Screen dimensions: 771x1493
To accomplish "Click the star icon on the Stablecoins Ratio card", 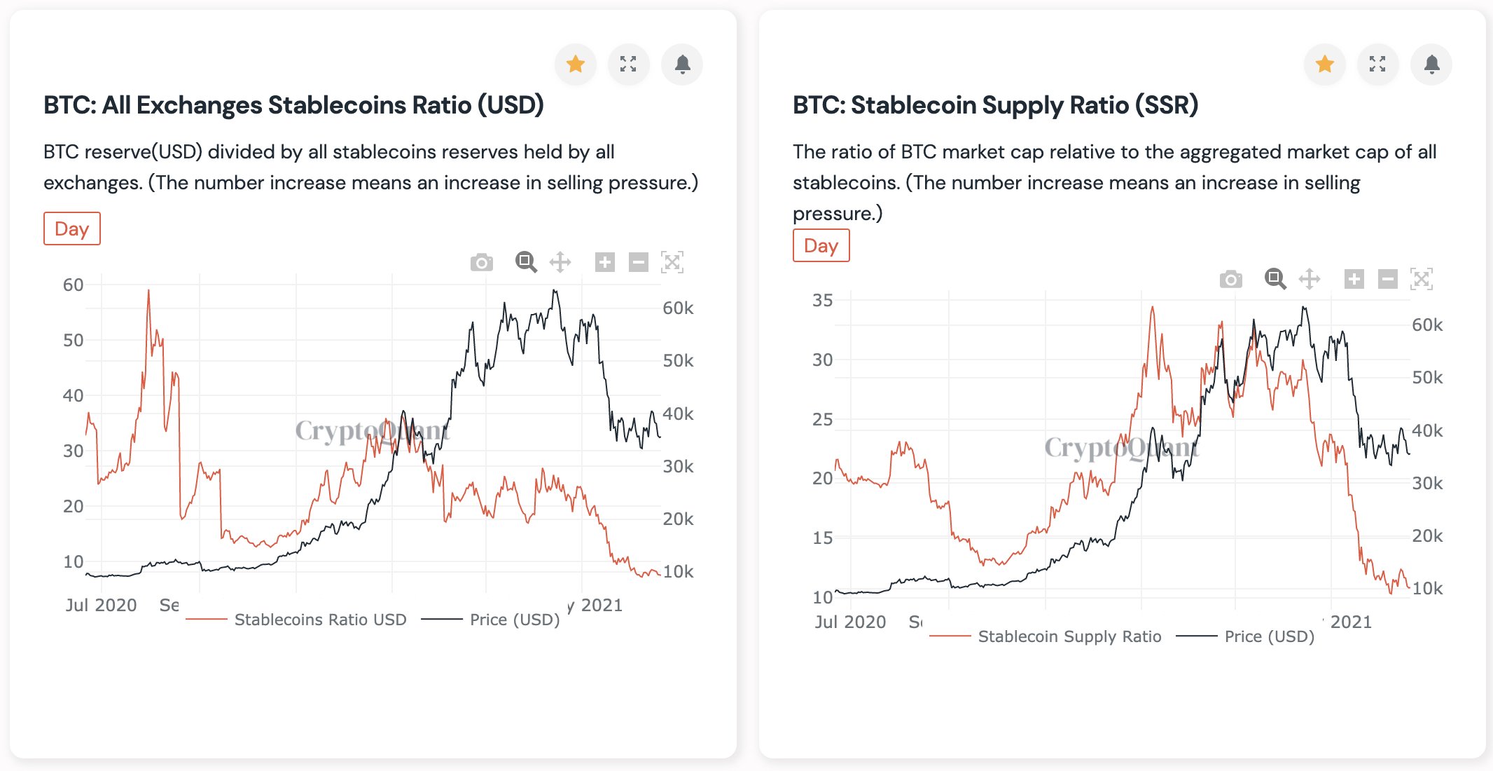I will (x=576, y=64).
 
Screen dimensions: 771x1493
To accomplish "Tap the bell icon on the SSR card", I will (x=1431, y=64).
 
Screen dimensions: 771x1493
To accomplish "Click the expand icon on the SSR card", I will (x=1377, y=64).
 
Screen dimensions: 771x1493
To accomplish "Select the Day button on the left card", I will (x=72, y=228).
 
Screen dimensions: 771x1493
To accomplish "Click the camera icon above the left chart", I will (x=482, y=262).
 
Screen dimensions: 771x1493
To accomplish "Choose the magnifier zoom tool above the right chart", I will (x=1275, y=279).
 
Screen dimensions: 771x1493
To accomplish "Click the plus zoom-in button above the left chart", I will (x=604, y=262).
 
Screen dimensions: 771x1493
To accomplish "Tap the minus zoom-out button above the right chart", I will (x=1387, y=279).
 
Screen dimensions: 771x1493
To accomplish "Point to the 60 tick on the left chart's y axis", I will (x=73, y=285).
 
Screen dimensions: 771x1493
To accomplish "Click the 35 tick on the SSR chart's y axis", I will (x=822, y=301).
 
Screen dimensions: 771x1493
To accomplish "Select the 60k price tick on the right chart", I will (x=1426, y=325).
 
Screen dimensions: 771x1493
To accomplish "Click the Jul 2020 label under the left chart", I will (x=101, y=605).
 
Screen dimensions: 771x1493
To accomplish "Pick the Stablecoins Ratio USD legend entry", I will (x=320, y=620).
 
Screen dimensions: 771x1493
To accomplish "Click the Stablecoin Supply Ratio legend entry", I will (x=1069, y=636).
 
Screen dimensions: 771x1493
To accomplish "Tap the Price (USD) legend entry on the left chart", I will (x=514, y=620).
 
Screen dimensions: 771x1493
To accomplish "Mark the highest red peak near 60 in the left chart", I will (x=148, y=291).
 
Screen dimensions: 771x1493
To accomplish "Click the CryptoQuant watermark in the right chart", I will (x=1121, y=447).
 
